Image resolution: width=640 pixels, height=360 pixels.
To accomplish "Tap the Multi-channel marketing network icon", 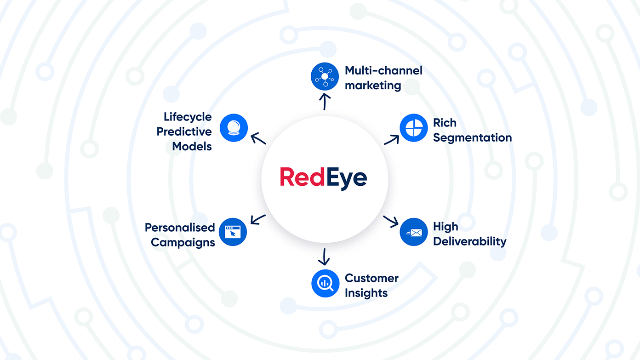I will [x=325, y=76].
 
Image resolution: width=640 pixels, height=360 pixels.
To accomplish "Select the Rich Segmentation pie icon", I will [x=413, y=128].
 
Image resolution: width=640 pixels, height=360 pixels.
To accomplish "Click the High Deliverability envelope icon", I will [x=413, y=232].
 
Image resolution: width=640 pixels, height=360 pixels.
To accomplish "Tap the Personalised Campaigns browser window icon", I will [x=233, y=232].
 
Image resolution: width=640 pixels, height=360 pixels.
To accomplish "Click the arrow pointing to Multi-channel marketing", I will [x=325, y=101].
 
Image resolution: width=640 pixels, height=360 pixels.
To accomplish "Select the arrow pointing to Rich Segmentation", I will [x=392, y=140].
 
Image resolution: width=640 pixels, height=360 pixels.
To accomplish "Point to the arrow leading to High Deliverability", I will [x=391, y=221].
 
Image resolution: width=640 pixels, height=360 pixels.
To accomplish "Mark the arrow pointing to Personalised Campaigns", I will [x=258, y=219].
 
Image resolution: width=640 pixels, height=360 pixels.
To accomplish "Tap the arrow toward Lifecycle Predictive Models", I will [x=258, y=138].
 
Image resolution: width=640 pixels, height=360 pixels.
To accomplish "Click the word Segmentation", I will [x=472, y=138].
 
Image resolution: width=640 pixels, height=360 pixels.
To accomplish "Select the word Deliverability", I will [x=469, y=241].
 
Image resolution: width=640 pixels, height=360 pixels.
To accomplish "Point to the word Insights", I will [x=366, y=293].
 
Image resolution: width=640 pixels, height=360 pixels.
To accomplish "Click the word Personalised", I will [x=180, y=228].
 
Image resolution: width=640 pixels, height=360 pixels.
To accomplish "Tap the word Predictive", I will [x=184, y=131].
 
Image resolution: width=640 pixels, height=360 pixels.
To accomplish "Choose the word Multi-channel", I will [x=383, y=70].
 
